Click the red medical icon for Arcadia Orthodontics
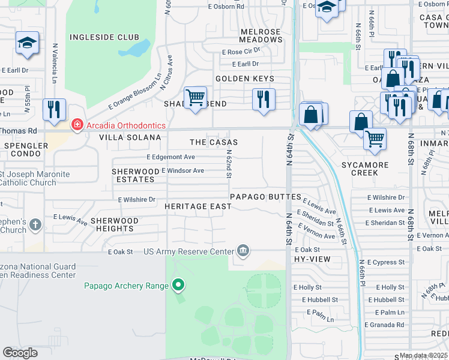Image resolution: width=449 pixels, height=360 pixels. [x=77, y=125]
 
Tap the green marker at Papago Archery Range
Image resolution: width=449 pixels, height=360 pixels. [x=178, y=285]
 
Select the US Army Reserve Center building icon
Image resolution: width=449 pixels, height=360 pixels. [x=243, y=251]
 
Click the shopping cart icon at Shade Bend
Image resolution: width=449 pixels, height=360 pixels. [x=195, y=97]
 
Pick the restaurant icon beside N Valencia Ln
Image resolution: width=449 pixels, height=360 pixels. [x=54, y=109]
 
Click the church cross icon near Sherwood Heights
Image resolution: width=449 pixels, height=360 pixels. [x=35, y=225]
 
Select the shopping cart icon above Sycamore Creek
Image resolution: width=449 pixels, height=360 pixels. [x=375, y=139]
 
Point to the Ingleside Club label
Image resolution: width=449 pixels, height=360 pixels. [x=97, y=37]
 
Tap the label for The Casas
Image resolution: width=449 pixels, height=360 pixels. [x=214, y=142]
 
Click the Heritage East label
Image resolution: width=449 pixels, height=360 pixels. [x=197, y=206]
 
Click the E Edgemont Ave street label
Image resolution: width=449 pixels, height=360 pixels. [x=171, y=157]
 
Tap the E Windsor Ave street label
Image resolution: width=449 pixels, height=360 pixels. [x=182, y=171]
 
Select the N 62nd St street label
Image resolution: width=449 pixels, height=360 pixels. [x=229, y=164]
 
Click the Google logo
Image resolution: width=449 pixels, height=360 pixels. [x=20, y=353]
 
